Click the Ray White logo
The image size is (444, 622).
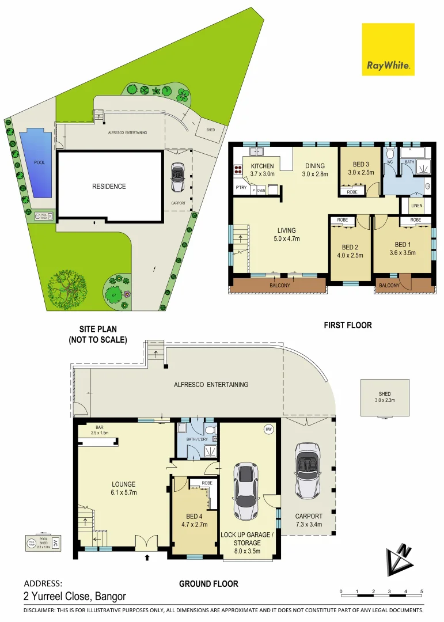[x=388, y=50]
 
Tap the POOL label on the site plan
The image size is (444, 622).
[x=39, y=162]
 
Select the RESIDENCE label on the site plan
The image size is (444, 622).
[x=109, y=186]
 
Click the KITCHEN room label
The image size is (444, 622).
[x=263, y=166]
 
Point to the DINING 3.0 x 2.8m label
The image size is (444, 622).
[x=314, y=169]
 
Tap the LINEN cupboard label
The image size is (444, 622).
[x=417, y=206]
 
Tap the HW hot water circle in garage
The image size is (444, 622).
[x=268, y=429]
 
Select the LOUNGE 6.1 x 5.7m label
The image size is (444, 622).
[x=124, y=488]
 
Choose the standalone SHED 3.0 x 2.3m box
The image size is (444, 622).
[x=384, y=397]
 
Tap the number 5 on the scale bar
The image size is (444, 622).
[x=422, y=591]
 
